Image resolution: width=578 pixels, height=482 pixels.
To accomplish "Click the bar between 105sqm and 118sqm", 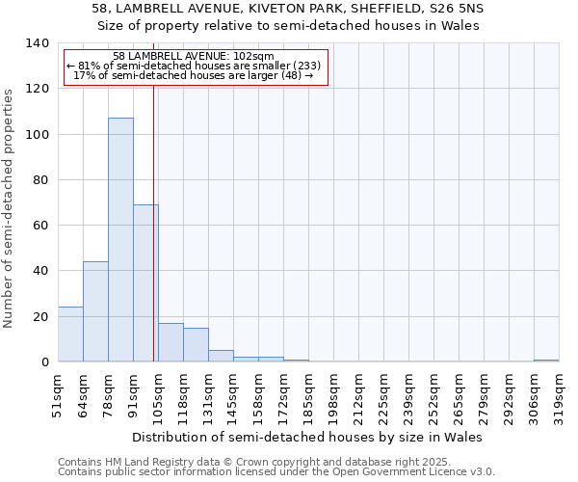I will point(171,342).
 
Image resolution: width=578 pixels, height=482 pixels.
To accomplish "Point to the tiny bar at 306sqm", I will point(546,361).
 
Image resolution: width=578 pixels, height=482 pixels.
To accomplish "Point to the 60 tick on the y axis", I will point(40,226).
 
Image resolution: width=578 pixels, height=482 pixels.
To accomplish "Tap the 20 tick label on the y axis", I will point(40,316).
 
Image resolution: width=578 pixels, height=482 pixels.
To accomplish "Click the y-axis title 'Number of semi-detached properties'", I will point(10,208).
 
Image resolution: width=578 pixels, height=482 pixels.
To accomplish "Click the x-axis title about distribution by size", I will point(307,437).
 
